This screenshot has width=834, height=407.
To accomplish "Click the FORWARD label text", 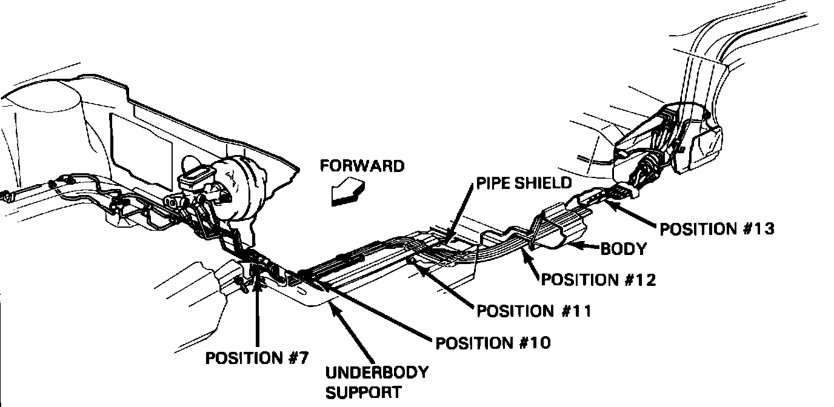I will [x=361, y=166].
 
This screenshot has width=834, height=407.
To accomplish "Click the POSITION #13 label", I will [x=717, y=229].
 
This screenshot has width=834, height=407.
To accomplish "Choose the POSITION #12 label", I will [x=598, y=279].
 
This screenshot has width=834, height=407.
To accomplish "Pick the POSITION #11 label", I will [x=533, y=311].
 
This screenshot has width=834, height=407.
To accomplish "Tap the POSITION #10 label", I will [x=493, y=343].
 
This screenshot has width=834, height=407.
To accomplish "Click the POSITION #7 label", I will [x=257, y=358].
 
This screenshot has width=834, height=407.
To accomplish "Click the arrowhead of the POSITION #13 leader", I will [x=609, y=205].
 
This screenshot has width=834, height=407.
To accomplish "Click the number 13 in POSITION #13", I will [x=762, y=229].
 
